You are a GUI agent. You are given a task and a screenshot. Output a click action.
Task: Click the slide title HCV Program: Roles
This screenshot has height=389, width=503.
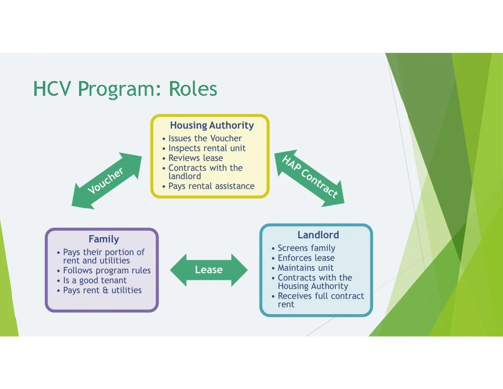pyautogui.click(x=125, y=89)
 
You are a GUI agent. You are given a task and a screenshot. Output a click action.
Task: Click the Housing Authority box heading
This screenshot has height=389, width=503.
pyautogui.click(x=212, y=125)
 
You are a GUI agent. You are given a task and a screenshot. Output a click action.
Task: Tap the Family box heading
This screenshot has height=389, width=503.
pyautogui.click(x=104, y=239)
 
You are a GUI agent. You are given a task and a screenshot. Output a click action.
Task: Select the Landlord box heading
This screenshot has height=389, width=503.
pyautogui.click(x=318, y=235)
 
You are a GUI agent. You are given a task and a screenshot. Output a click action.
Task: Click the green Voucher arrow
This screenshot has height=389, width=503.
pyautogui.click(x=108, y=180)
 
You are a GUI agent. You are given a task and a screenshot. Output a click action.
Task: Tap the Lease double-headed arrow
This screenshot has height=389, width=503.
pyautogui.click(x=209, y=270)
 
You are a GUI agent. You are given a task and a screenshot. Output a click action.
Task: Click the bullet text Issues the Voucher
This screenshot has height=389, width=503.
pyautogui.click(x=205, y=138)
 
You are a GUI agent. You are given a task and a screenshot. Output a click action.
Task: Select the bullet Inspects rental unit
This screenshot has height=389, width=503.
pyautogui.click(x=207, y=148)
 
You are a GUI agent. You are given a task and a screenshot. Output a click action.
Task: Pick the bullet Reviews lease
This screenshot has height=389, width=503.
pyautogui.click(x=196, y=158)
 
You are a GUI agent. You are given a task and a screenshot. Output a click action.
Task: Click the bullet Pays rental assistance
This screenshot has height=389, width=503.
pyautogui.click(x=211, y=186)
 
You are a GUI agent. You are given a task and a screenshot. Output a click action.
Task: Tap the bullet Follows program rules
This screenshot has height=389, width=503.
pyautogui.click(x=107, y=271)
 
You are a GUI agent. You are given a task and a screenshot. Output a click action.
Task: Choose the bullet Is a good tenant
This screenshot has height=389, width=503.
pyautogui.click(x=95, y=280)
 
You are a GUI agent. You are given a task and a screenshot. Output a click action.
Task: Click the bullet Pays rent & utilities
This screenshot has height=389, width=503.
pyautogui.click(x=102, y=290)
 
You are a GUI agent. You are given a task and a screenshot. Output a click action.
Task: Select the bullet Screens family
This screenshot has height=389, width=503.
pyautogui.click(x=306, y=248)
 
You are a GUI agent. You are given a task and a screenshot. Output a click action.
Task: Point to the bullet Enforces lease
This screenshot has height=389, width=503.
pyautogui.click(x=306, y=258)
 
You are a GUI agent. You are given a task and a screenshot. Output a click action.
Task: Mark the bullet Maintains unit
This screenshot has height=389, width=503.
pyautogui.click(x=306, y=268)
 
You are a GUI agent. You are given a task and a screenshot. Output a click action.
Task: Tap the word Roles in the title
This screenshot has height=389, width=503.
pyautogui.click(x=193, y=89)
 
